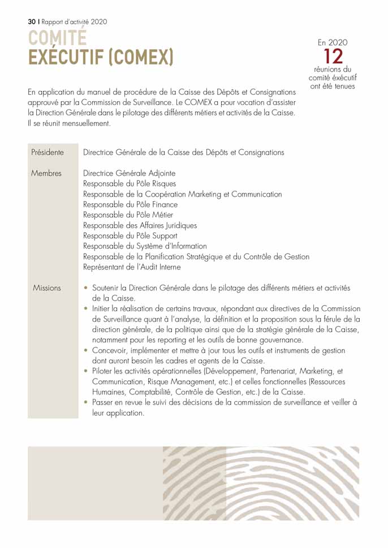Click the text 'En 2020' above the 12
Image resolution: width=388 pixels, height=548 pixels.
333,42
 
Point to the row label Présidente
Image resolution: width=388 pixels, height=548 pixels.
47,153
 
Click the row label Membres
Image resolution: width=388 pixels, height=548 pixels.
46,173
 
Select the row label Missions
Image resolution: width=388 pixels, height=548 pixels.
47,288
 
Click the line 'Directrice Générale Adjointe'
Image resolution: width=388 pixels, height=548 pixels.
129,173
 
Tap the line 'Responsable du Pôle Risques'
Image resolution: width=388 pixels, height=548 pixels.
130,184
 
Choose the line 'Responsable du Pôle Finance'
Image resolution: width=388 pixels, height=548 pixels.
130,205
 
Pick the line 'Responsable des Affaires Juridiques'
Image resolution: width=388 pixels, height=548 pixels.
140,225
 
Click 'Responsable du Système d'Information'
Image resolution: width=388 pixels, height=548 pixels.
145,246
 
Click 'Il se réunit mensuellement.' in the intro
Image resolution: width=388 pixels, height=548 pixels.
70,123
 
